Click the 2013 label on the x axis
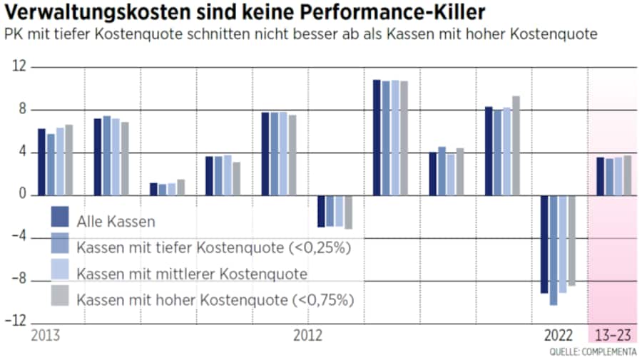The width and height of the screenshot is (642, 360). pos(45,335)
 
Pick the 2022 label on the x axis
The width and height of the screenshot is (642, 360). pos(559,335)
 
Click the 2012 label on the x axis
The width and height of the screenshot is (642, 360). pos(307,335)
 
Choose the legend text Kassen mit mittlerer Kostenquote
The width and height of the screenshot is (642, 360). pos(192,274)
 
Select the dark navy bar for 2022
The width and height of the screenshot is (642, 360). pos(544,244)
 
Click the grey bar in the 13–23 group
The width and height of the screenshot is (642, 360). pos(627,175)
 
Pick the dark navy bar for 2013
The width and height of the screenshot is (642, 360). pos(41,162)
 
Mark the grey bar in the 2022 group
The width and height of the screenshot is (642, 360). pos(571,240)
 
